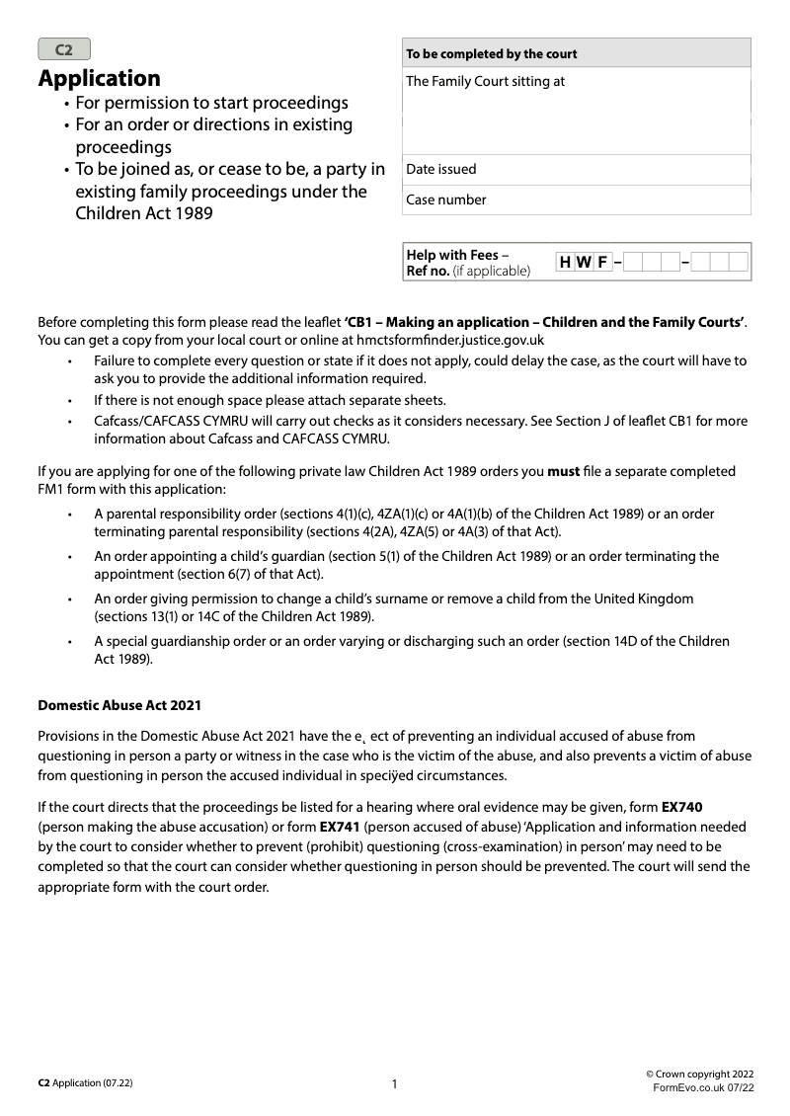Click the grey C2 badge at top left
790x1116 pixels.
coord(64,49)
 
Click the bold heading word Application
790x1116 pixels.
coord(99,78)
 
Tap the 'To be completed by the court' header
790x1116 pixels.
coord(492,53)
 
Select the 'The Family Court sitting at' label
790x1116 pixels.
coord(486,81)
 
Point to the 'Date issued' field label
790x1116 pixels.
coord(441,169)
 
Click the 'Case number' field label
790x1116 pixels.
coord(446,199)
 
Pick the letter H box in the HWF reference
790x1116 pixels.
coord(565,263)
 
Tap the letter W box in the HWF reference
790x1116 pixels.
coord(584,263)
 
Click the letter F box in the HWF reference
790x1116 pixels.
coord(601,263)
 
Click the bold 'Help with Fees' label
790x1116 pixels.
coord(452,255)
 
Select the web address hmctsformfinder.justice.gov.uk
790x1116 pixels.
coord(443,339)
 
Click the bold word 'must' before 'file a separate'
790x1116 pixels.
coord(563,472)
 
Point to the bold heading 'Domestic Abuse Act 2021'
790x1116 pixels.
coord(119,705)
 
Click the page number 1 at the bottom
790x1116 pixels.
coord(394,1084)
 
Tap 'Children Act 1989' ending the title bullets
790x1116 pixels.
coord(144,212)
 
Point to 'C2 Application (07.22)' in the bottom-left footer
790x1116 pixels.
coord(85,1083)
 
